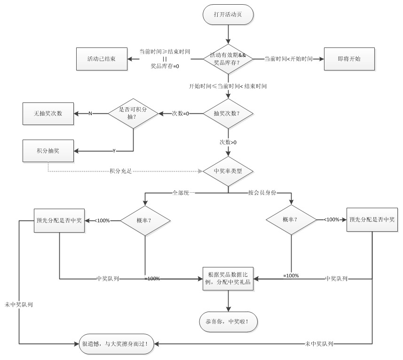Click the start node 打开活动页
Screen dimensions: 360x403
click(228, 14)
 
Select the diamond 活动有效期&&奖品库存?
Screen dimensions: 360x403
click(228, 59)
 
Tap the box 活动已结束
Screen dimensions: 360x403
click(102, 59)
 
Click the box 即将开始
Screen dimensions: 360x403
click(349, 59)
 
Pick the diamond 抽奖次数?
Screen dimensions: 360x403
click(228, 114)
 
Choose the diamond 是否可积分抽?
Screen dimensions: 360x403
click(133, 113)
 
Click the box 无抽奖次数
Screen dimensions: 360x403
click(48, 113)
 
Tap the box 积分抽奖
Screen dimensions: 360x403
click(48, 151)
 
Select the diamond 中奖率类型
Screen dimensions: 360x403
click(228, 171)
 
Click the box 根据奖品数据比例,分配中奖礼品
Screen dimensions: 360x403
click(228, 279)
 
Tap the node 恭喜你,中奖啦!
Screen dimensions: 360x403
click(228, 322)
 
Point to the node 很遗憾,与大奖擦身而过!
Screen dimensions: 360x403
click(115, 344)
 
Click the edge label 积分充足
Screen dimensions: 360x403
click(120, 171)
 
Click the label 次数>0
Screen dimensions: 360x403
click(228, 142)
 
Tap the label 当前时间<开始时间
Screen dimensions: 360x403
click(288, 59)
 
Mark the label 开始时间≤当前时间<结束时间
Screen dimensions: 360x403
click(228, 86)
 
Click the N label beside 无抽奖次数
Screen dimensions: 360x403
click(90, 113)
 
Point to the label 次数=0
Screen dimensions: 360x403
click(180, 113)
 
